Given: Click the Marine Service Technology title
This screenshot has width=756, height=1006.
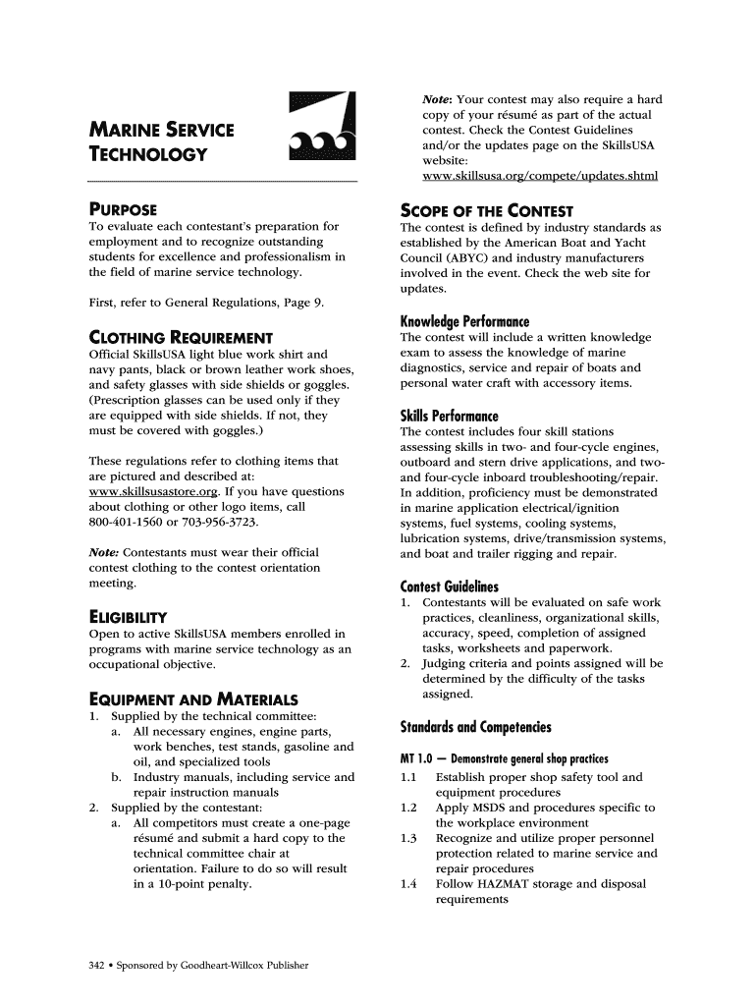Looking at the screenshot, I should point(162,141).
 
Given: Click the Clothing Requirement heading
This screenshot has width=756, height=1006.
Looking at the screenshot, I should point(181,337).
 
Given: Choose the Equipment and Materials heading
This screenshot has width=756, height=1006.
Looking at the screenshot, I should point(193,699).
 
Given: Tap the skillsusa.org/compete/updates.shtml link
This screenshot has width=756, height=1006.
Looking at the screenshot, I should point(539,176).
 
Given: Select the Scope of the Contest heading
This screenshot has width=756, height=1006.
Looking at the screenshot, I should point(487,210).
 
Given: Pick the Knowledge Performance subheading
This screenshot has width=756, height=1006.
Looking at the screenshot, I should point(464,321).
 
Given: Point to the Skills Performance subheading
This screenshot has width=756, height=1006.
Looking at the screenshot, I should point(450,415).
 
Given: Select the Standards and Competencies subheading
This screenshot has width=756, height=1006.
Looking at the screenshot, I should point(476,727).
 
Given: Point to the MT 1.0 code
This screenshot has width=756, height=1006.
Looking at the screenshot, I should point(416,759).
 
